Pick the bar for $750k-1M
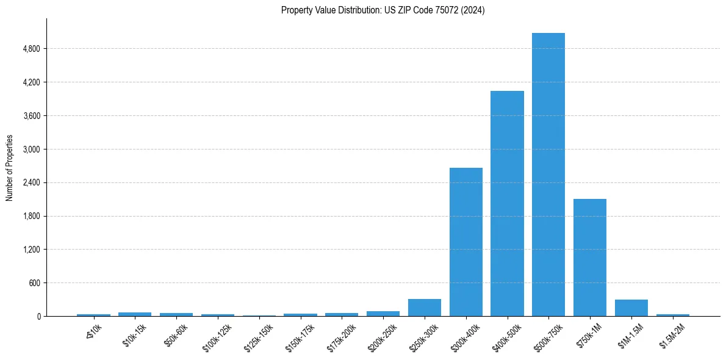coord(589,257)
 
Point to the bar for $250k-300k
coord(424,308)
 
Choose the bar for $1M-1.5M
coord(631,308)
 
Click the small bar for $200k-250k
coord(383,314)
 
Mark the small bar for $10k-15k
coord(134,314)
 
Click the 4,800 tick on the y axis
coord(31,49)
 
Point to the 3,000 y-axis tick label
coord(31,149)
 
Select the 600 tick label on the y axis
coord(34,283)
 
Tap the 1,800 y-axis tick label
coord(31,216)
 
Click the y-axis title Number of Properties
coord(9,168)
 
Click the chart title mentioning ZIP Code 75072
coord(383,10)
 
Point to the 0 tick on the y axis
coord(38,317)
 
